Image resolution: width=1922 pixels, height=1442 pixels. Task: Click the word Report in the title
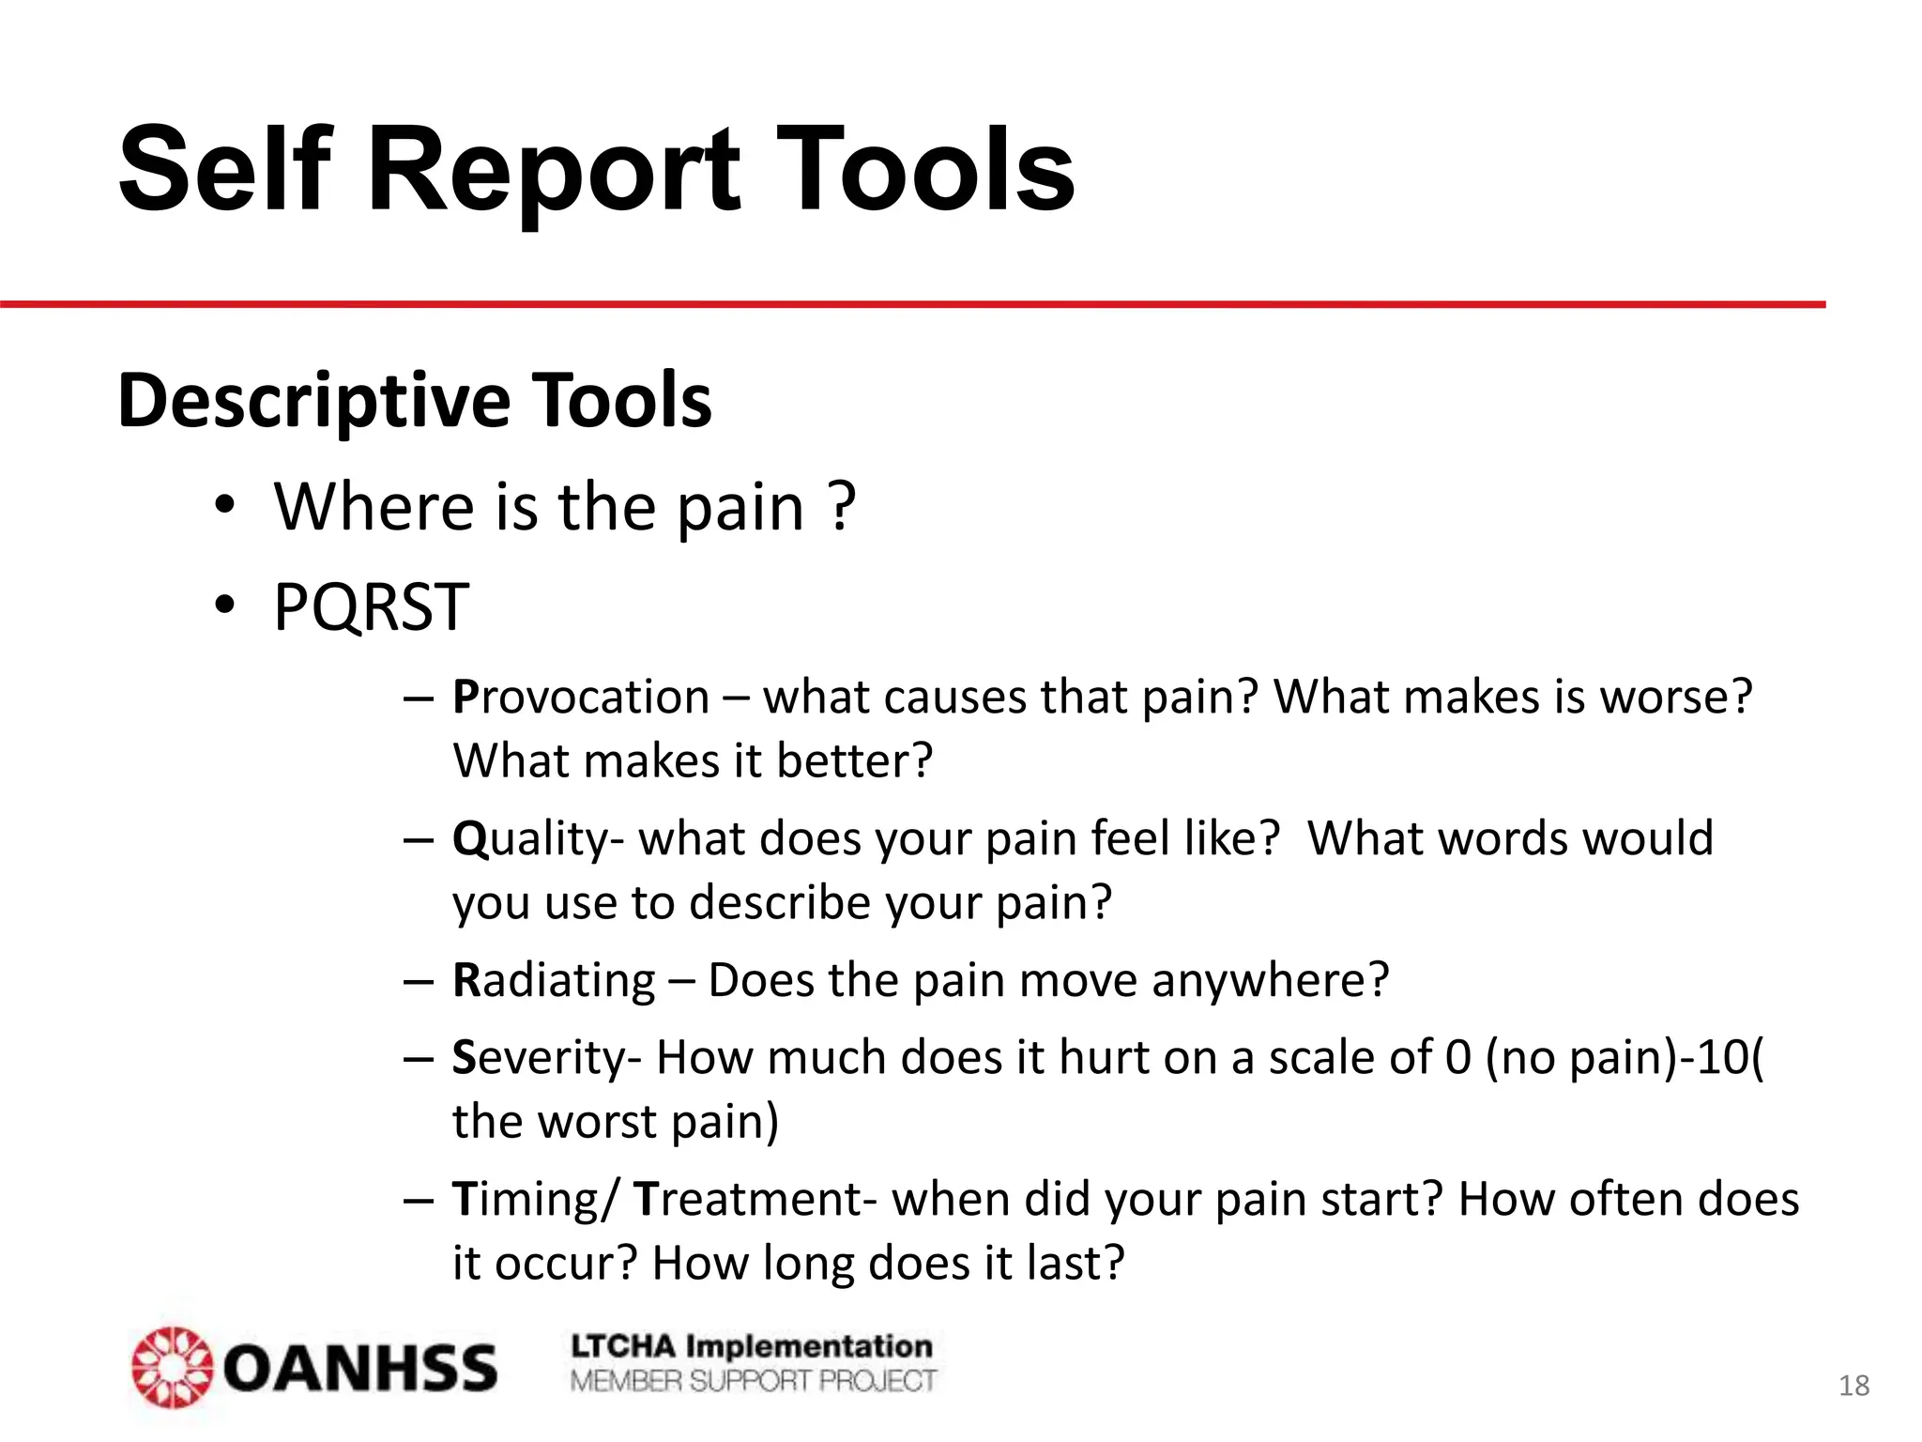point(555,171)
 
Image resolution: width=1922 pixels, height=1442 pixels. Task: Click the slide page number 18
point(1853,1386)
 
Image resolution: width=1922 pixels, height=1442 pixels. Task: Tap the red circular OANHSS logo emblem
point(171,1367)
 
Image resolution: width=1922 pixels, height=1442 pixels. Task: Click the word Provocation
point(581,698)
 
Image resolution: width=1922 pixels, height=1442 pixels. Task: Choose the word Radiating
point(554,980)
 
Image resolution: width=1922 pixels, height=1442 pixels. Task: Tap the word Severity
point(546,1058)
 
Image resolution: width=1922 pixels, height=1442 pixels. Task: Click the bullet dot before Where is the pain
point(223,507)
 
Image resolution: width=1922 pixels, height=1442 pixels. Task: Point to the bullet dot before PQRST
point(223,606)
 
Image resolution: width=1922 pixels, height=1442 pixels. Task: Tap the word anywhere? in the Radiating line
point(1270,980)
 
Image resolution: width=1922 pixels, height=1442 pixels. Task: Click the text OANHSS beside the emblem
point(360,1369)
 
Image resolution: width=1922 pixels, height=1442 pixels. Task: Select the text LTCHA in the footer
point(623,1346)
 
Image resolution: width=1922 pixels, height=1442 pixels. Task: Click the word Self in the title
point(225,171)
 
